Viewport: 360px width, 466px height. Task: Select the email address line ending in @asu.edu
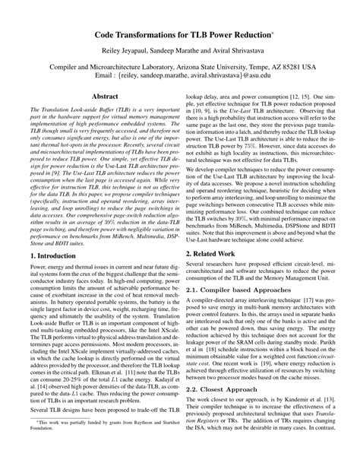click(x=181, y=77)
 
